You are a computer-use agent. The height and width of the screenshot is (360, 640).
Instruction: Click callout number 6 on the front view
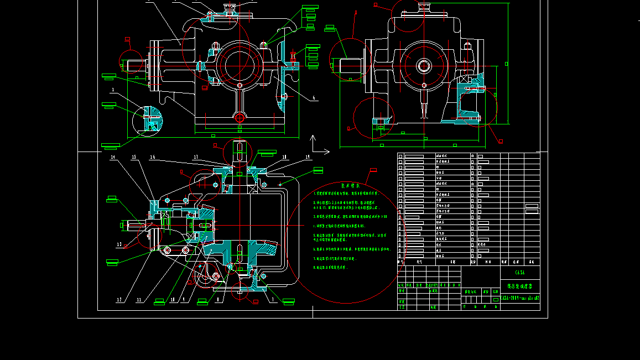click(314, 98)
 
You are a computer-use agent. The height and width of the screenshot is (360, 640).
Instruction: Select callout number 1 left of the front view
click(113, 89)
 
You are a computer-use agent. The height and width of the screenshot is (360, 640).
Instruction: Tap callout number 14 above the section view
click(113, 158)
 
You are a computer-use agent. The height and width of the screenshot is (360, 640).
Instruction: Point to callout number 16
click(152, 157)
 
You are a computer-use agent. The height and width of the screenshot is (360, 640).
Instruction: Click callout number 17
click(196, 157)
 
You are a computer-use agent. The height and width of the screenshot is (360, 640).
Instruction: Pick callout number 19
click(308, 157)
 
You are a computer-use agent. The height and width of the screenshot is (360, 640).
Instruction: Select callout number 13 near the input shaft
click(119, 244)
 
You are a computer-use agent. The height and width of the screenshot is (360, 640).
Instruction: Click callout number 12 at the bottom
click(119, 300)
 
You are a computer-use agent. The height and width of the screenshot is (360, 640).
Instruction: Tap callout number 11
click(139, 300)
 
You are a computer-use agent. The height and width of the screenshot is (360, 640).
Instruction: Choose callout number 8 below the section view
click(218, 300)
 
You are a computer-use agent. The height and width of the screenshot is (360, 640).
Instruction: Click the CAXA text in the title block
click(519, 273)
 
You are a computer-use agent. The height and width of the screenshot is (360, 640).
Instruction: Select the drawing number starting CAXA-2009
click(520, 298)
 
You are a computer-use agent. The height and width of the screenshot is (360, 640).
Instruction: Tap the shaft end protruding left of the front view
click(133, 65)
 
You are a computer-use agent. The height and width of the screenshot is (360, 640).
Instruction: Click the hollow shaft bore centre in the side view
click(424, 66)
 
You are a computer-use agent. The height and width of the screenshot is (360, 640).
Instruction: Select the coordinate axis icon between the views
click(315, 145)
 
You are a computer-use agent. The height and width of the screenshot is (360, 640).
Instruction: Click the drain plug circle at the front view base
click(240, 117)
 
